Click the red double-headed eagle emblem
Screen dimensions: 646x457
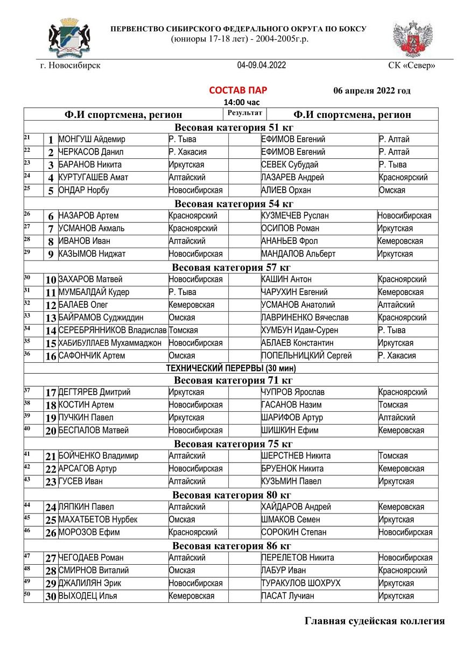pos(412,39)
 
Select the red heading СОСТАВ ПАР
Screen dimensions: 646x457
pos(238,90)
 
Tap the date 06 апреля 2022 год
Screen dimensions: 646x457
pos(372,90)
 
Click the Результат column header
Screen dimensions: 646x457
pos(244,113)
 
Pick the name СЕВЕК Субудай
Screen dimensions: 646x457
pos(290,165)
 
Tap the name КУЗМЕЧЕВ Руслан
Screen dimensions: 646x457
pos(293,216)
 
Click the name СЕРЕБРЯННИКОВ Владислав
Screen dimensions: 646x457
pos(113,331)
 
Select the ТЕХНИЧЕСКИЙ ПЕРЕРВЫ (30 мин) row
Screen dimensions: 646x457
pos(231,368)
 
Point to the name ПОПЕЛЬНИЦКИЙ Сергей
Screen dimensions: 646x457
pos(306,356)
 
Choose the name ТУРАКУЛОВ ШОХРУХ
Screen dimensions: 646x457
pos(300,584)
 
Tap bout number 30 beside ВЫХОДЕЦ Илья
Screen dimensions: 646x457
pos(51,596)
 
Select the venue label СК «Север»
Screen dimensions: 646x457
pos(411,66)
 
